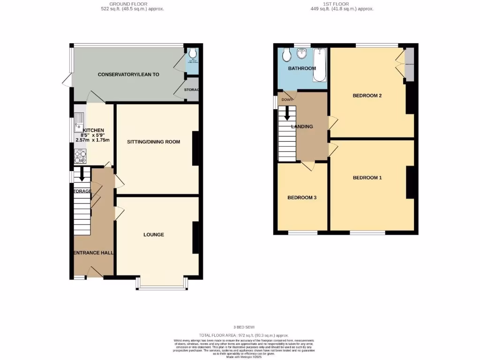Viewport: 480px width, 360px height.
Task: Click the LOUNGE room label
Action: click(x=154, y=234)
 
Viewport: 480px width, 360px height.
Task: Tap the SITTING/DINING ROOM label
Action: click(x=153, y=142)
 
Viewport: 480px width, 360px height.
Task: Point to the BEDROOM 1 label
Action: click(x=367, y=178)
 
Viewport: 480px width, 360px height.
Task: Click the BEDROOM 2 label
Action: click(x=367, y=96)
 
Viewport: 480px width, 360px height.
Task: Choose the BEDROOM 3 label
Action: click(x=302, y=198)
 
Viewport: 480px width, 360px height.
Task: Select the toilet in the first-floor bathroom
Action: click(x=287, y=55)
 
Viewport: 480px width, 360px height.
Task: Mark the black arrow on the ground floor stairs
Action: click(x=82, y=174)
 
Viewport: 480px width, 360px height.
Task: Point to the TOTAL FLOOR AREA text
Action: click(x=243, y=335)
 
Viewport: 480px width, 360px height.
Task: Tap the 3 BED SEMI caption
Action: click(x=243, y=327)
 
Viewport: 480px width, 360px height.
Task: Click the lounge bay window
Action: click(x=162, y=287)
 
